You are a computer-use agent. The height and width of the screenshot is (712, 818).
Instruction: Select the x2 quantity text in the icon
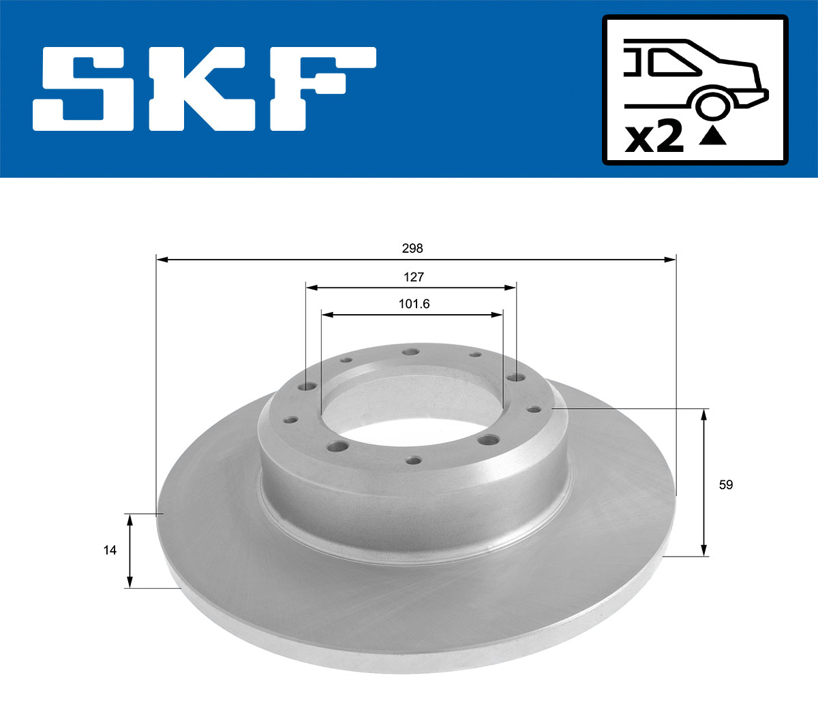pos(654,137)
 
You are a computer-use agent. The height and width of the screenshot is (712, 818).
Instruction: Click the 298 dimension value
pos(412,249)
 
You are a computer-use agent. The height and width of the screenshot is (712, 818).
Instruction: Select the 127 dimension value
pos(413,277)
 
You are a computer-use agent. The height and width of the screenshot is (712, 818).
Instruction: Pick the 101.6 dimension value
pos(414,304)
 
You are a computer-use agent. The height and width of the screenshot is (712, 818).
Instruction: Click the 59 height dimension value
pos(726,484)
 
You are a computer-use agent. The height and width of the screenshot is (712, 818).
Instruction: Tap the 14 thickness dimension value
pos(110,550)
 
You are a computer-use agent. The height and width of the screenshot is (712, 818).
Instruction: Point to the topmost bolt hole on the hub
pos(410,352)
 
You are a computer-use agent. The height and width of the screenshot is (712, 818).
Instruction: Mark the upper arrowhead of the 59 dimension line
pos(704,414)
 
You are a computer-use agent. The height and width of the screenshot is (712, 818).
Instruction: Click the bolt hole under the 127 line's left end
pos(307,387)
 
